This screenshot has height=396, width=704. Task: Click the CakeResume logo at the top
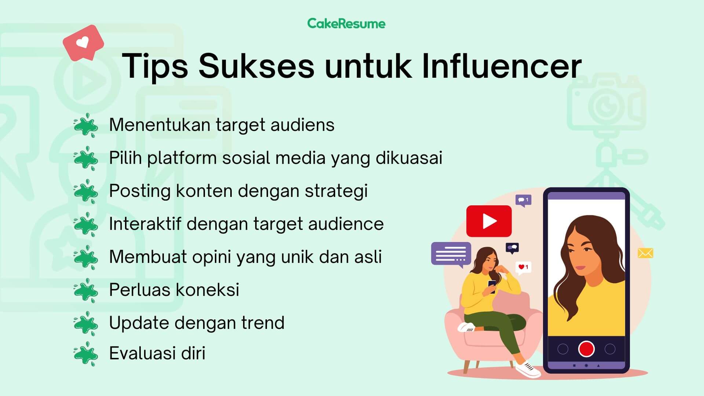[346, 23]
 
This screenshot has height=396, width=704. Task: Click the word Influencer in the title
[502, 66]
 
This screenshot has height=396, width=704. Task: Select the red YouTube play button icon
[489, 221]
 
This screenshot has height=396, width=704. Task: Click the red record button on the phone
[586, 348]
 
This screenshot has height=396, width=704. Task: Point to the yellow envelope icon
[645, 253]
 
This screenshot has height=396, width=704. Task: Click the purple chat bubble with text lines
[451, 254]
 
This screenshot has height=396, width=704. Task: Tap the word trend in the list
[263, 323]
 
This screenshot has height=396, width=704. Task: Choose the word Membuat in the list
[148, 257]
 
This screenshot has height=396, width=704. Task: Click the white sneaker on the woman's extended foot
[528, 369]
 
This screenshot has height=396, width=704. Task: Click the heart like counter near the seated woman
[523, 268]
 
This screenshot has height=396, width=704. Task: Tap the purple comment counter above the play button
[523, 201]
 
